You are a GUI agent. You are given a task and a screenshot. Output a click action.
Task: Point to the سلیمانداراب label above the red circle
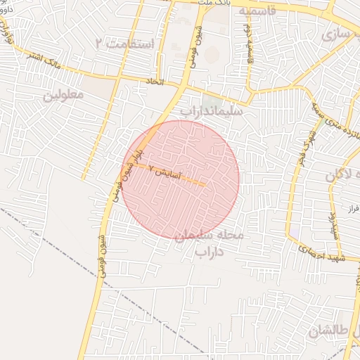(211, 111)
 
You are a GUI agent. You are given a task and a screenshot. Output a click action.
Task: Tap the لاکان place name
(343, 176)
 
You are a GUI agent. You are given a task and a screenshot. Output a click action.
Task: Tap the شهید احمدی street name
(320, 253)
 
